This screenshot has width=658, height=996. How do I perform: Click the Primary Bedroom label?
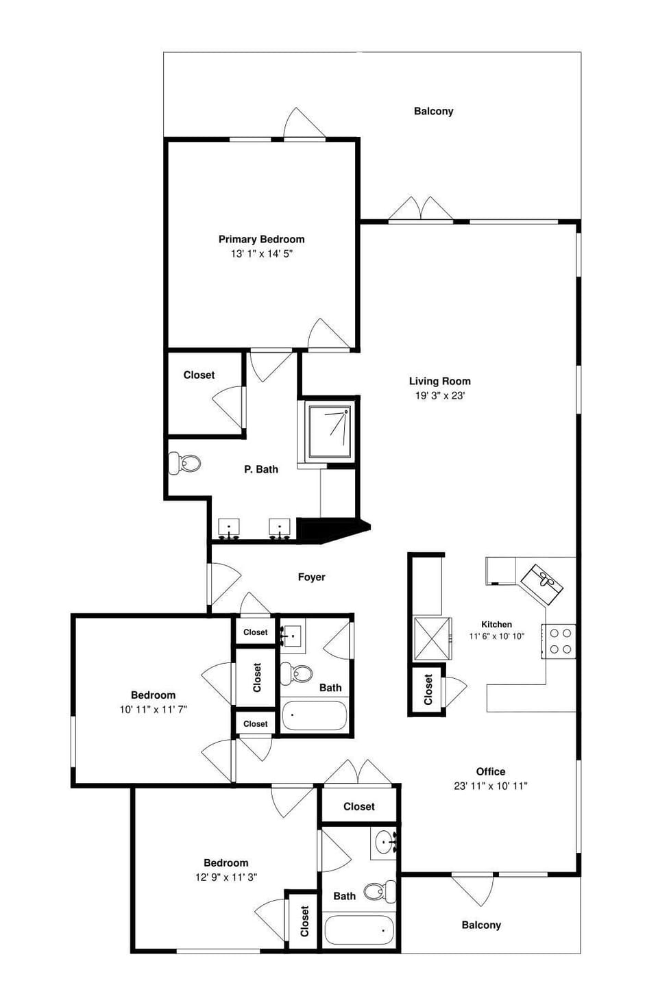[x=261, y=239]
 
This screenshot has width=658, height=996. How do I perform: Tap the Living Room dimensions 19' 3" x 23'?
[x=439, y=395]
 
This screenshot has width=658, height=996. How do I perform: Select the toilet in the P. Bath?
[x=184, y=463]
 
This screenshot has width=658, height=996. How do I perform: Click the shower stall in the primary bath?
[x=330, y=432]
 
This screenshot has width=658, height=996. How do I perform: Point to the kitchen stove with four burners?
[x=560, y=641]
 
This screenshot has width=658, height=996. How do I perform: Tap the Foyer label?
[x=311, y=577]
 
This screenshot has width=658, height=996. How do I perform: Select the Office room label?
[x=490, y=771]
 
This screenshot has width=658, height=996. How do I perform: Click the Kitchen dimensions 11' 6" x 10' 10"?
[x=496, y=636]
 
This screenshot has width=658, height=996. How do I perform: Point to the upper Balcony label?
[x=433, y=111]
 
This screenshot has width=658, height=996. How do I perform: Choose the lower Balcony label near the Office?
[x=480, y=925]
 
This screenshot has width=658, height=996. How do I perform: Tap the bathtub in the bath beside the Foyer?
[x=315, y=716]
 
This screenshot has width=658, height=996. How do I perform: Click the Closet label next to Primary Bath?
[x=199, y=375]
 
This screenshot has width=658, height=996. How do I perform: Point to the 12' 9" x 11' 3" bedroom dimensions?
[x=226, y=877]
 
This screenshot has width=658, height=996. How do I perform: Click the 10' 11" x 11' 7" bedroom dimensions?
[x=153, y=710]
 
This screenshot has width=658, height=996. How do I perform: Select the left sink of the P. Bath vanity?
[x=229, y=528]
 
